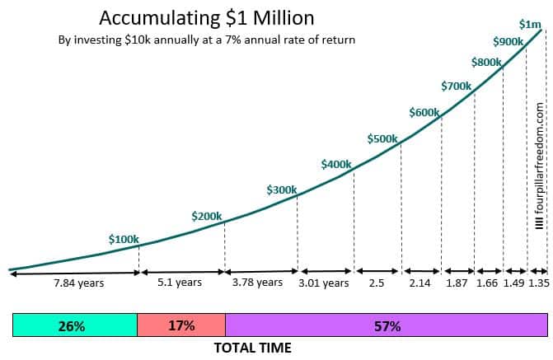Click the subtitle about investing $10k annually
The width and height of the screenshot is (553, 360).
pos(207,40)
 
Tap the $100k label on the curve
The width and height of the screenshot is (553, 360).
pos(124,239)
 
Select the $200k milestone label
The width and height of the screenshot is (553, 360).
pos(206,216)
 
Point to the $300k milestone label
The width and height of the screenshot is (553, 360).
pos(281,189)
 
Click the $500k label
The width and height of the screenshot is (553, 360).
pos(382,138)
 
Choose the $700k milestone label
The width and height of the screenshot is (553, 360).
pos(456,86)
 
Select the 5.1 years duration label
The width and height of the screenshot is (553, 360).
pos(179,306)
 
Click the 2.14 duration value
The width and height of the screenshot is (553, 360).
pos(420,306)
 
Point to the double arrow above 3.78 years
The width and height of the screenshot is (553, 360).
pos(261,294)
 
